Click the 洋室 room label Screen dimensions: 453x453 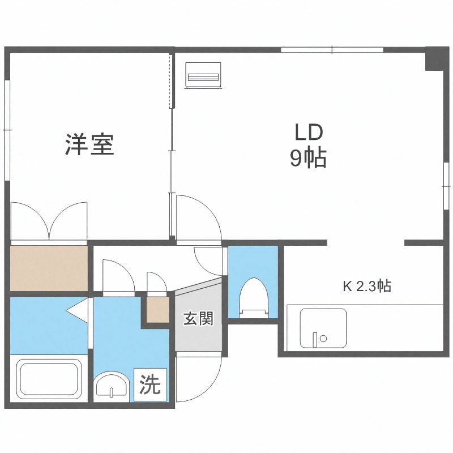click(x=89, y=145)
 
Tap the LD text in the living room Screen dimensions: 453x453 click(x=308, y=133)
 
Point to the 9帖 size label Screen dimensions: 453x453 click(x=308, y=158)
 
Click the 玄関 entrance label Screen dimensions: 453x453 click(x=198, y=319)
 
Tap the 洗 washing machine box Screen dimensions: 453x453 click(x=150, y=385)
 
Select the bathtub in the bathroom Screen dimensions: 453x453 click(x=49, y=379)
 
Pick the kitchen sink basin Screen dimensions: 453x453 click(x=323, y=328)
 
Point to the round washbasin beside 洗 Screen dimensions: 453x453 click(x=112, y=387)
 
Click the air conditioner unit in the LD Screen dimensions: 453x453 click(x=202, y=74)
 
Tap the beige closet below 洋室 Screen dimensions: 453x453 click(x=49, y=268)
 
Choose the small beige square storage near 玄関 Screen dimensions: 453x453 click(x=157, y=310)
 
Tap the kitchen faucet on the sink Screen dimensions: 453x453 click(x=315, y=339)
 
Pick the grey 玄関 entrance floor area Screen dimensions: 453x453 click(x=198, y=334)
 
